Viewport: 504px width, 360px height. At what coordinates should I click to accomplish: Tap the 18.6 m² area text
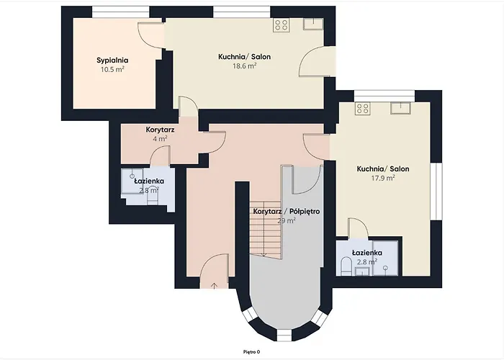pos(245,66)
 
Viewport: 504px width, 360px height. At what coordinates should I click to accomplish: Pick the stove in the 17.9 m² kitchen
pos(362,109)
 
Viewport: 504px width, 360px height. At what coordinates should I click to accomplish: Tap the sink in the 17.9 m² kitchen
pos(400,108)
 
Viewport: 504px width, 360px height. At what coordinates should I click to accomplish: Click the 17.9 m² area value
pos(382,178)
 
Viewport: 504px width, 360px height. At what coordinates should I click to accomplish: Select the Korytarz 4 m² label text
pos(160,133)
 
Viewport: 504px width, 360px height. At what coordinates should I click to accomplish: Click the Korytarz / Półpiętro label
pos(286,212)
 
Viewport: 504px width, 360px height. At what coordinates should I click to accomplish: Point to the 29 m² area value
pos(287,221)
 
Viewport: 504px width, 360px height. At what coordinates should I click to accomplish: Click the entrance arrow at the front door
pos(215,284)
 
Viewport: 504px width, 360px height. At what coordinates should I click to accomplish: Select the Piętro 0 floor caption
pos(252,351)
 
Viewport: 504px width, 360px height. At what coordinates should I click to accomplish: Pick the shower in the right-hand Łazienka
pos(387,268)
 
